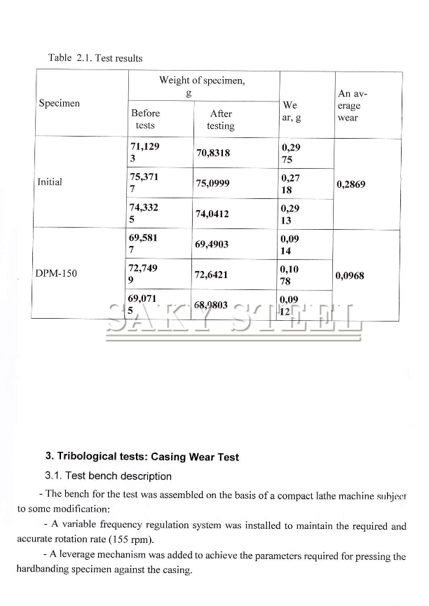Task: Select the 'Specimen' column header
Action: click(x=59, y=104)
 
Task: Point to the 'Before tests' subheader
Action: click(x=145, y=119)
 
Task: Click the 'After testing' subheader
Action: click(x=220, y=120)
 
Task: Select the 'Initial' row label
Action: click(x=49, y=182)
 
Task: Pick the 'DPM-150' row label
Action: click(x=56, y=273)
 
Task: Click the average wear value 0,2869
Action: click(x=351, y=184)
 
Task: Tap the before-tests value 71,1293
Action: click(x=144, y=152)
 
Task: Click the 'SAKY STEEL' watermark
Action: click(x=233, y=319)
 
